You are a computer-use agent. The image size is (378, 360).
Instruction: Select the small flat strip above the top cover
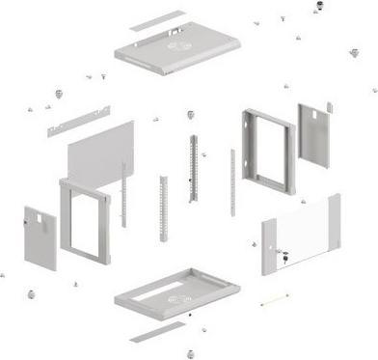tap(157, 20)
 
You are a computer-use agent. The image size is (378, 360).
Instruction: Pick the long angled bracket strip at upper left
tap(78, 121)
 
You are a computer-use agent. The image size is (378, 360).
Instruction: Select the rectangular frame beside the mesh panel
tap(85, 220)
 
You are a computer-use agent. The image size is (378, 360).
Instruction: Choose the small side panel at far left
tap(40, 236)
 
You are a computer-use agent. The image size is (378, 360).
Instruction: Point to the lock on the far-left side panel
tap(28, 225)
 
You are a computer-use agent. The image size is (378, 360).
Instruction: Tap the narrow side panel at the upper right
tap(312, 133)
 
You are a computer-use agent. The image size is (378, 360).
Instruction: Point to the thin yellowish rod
tap(275, 300)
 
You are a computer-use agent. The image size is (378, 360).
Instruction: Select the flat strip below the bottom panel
tap(157, 332)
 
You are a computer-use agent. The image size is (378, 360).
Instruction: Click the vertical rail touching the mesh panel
tap(123, 193)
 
